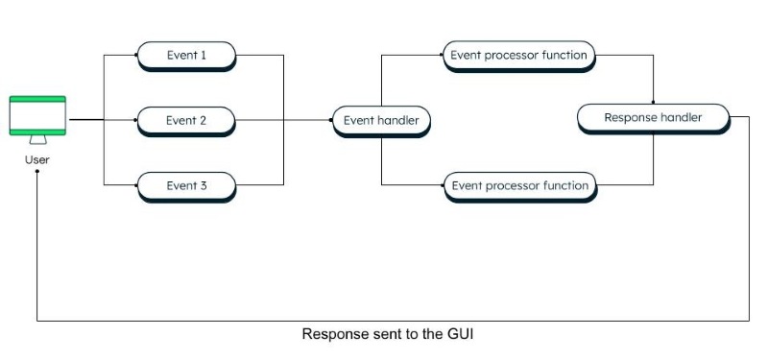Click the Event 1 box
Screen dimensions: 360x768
pos(186,56)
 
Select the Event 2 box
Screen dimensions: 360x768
pos(186,121)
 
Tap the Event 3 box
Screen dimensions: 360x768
pos(186,185)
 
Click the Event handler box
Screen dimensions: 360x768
pos(381,121)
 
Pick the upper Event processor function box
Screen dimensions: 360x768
pos(518,56)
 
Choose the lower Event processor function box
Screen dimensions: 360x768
pos(518,185)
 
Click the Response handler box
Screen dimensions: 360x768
pos(653,118)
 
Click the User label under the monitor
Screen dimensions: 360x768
pos(37,159)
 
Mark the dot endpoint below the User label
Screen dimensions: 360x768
pos(37,172)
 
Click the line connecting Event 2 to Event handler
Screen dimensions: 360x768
pos(283,121)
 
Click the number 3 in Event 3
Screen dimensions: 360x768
pos(204,185)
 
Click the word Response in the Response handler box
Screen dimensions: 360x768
pos(630,118)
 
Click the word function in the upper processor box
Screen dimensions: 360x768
pos(564,56)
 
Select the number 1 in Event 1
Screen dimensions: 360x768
pos(204,56)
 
